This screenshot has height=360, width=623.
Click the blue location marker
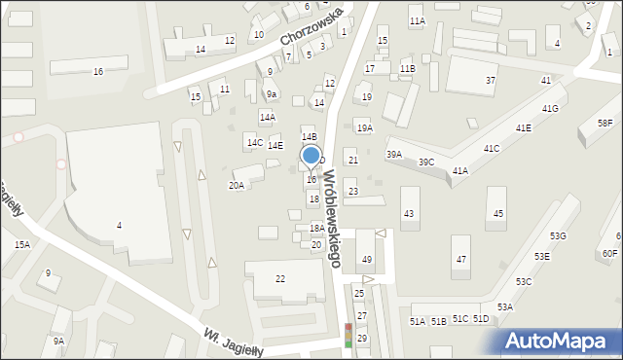click(x=311, y=156)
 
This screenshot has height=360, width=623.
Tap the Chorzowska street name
click(x=311, y=26)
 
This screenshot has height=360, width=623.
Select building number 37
click(x=491, y=80)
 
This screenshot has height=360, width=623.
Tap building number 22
click(x=280, y=279)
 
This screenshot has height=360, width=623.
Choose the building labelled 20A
click(x=237, y=185)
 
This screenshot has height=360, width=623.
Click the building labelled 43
click(x=409, y=213)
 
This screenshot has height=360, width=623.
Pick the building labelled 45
click(x=498, y=213)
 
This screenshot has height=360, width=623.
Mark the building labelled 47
click(x=461, y=260)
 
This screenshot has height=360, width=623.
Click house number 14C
click(x=254, y=143)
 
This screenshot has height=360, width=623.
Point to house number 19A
click(x=364, y=128)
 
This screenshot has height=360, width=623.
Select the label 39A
click(x=394, y=154)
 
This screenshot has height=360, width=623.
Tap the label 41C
click(x=491, y=149)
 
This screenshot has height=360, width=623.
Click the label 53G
click(x=558, y=236)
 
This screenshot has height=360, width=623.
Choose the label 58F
click(x=605, y=123)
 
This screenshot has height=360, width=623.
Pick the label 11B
click(x=407, y=69)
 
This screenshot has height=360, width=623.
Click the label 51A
click(x=418, y=321)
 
